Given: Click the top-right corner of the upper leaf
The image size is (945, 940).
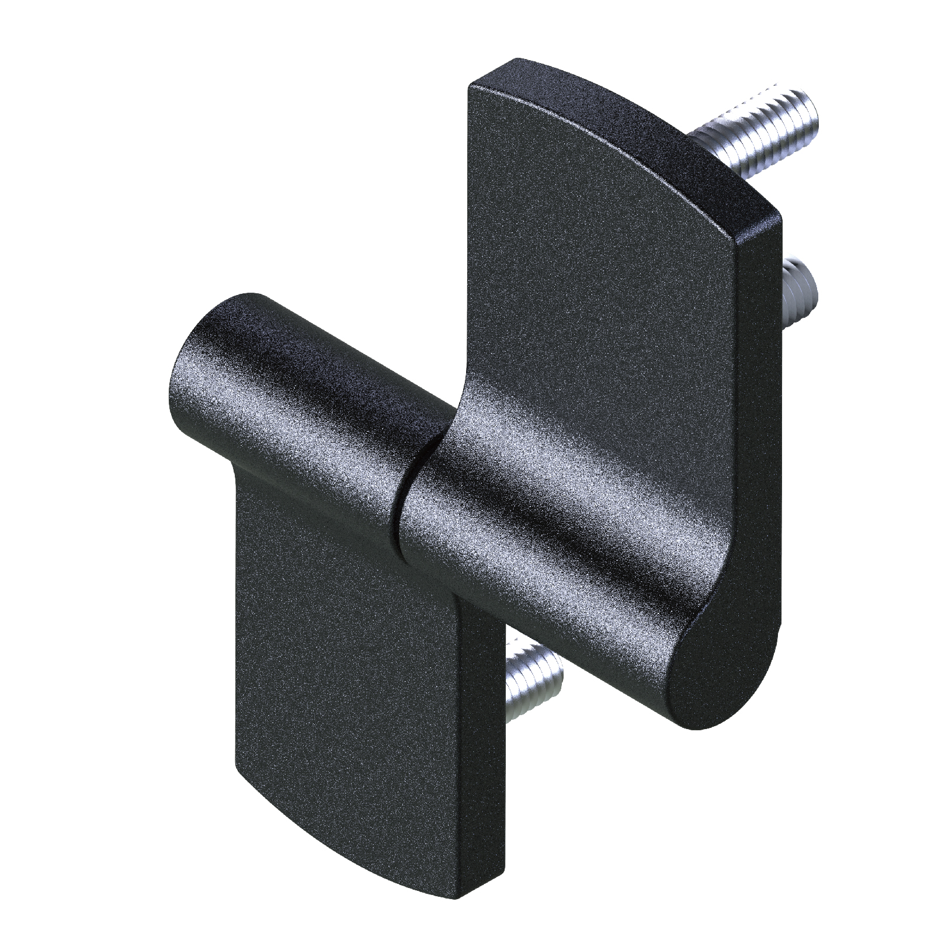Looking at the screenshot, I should click(x=777, y=219).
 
